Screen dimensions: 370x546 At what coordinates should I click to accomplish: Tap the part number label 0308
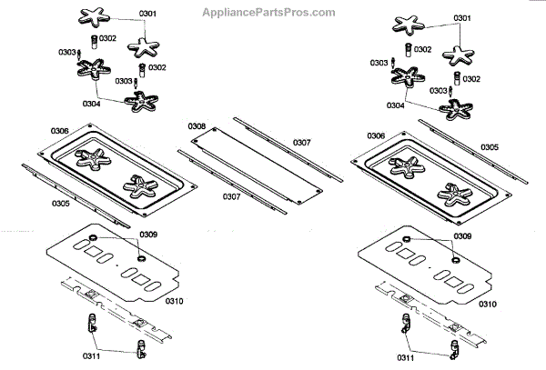click(x=197, y=125)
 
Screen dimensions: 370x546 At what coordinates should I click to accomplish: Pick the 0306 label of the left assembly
click(x=59, y=132)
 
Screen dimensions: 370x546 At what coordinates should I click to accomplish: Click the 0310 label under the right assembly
click(x=488, y=303)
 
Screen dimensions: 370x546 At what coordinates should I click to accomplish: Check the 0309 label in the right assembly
click(x=462, y=238)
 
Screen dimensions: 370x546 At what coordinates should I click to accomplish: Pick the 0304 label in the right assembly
click(x=396, y=105)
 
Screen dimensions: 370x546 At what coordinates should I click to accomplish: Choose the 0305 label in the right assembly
click(x=489, y=146)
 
